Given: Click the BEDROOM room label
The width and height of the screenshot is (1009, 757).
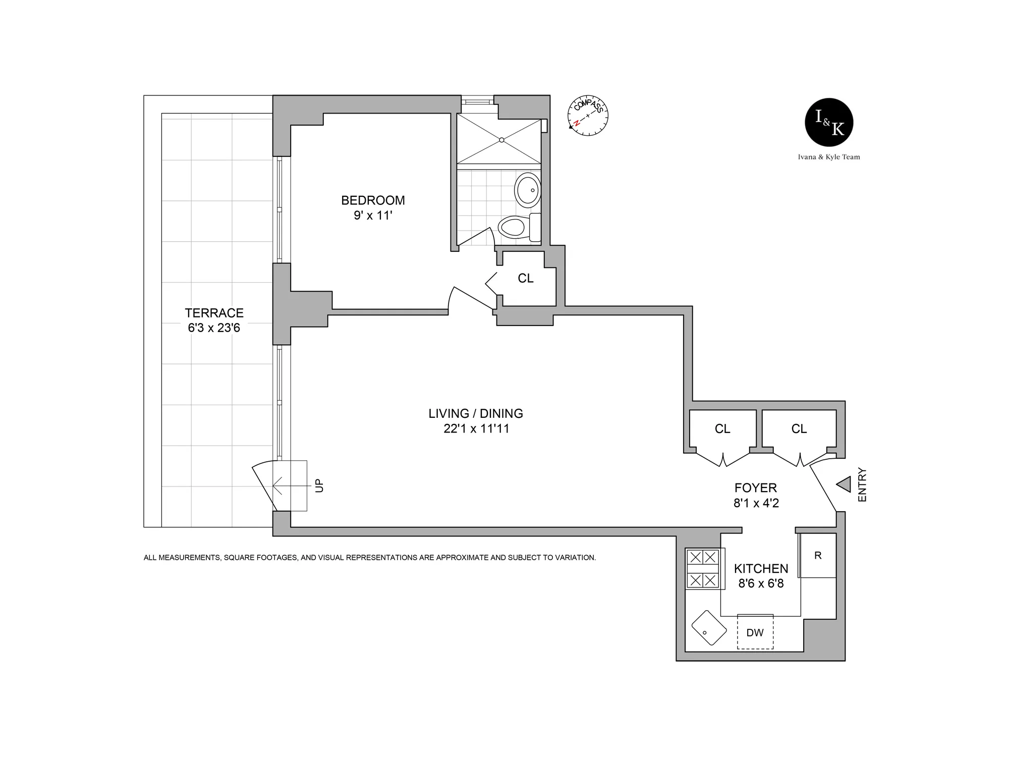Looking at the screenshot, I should [x=373, y=200].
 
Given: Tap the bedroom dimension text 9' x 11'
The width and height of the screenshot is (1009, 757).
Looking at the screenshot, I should [x=373, y=215].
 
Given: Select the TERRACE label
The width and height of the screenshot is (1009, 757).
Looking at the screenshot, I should [x=214, y=313].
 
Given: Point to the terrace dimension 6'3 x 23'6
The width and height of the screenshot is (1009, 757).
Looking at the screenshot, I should [x=214, y=328].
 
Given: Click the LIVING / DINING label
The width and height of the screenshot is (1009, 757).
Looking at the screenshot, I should [x=476, y=413].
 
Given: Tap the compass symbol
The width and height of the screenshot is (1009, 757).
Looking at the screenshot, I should [x=588, y=116].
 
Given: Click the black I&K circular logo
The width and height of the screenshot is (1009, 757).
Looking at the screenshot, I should [x=829, y=122].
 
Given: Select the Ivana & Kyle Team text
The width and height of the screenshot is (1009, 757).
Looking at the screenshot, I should [x=829, y=157].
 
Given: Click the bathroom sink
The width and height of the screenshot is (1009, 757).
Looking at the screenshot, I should [x=527, y=190].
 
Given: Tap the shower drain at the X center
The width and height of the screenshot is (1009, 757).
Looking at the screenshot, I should [x=501, y=140].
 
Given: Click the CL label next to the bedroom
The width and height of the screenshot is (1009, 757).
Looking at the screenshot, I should [x=525, y=279].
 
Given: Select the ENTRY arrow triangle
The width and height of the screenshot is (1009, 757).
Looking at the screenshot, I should [x=844, y=485].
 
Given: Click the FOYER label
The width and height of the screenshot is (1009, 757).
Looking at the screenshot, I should [x=755, y=488].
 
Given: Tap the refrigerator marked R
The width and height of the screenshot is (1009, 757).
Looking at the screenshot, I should [x=818, y=556].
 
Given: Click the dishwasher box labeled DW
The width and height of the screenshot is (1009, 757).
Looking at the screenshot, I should [x=755, y=632].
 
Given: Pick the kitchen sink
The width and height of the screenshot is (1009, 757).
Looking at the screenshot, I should [x=709, y=628].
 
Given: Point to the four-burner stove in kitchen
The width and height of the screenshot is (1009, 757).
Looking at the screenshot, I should [x=703, y=569].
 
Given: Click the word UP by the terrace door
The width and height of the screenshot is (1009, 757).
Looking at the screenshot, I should [x=319, y=485].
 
